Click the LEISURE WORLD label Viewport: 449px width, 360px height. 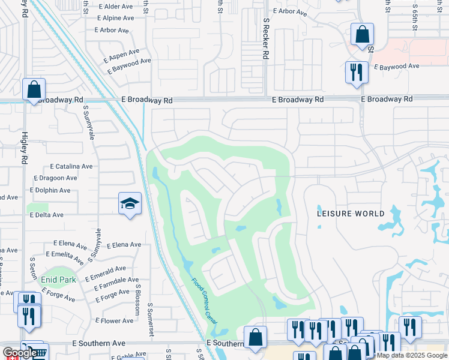pyautogui.click(x=351, y=214)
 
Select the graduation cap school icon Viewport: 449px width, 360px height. pyautogui.click(x=130, y=203)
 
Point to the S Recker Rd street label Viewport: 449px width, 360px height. pyautogui.click(x=265, y=38)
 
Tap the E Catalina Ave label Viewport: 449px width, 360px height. pyautogui.click(x=71, y=166)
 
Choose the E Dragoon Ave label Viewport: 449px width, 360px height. pyautogui.click(x=55, y=178)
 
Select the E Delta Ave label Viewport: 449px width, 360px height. pyautogui.click(x=45, y=215)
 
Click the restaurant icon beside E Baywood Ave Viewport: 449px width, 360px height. pyautogui.click(x=357, y=72)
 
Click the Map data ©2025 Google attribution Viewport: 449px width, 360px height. pyautogui.click(x=412, y=355)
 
